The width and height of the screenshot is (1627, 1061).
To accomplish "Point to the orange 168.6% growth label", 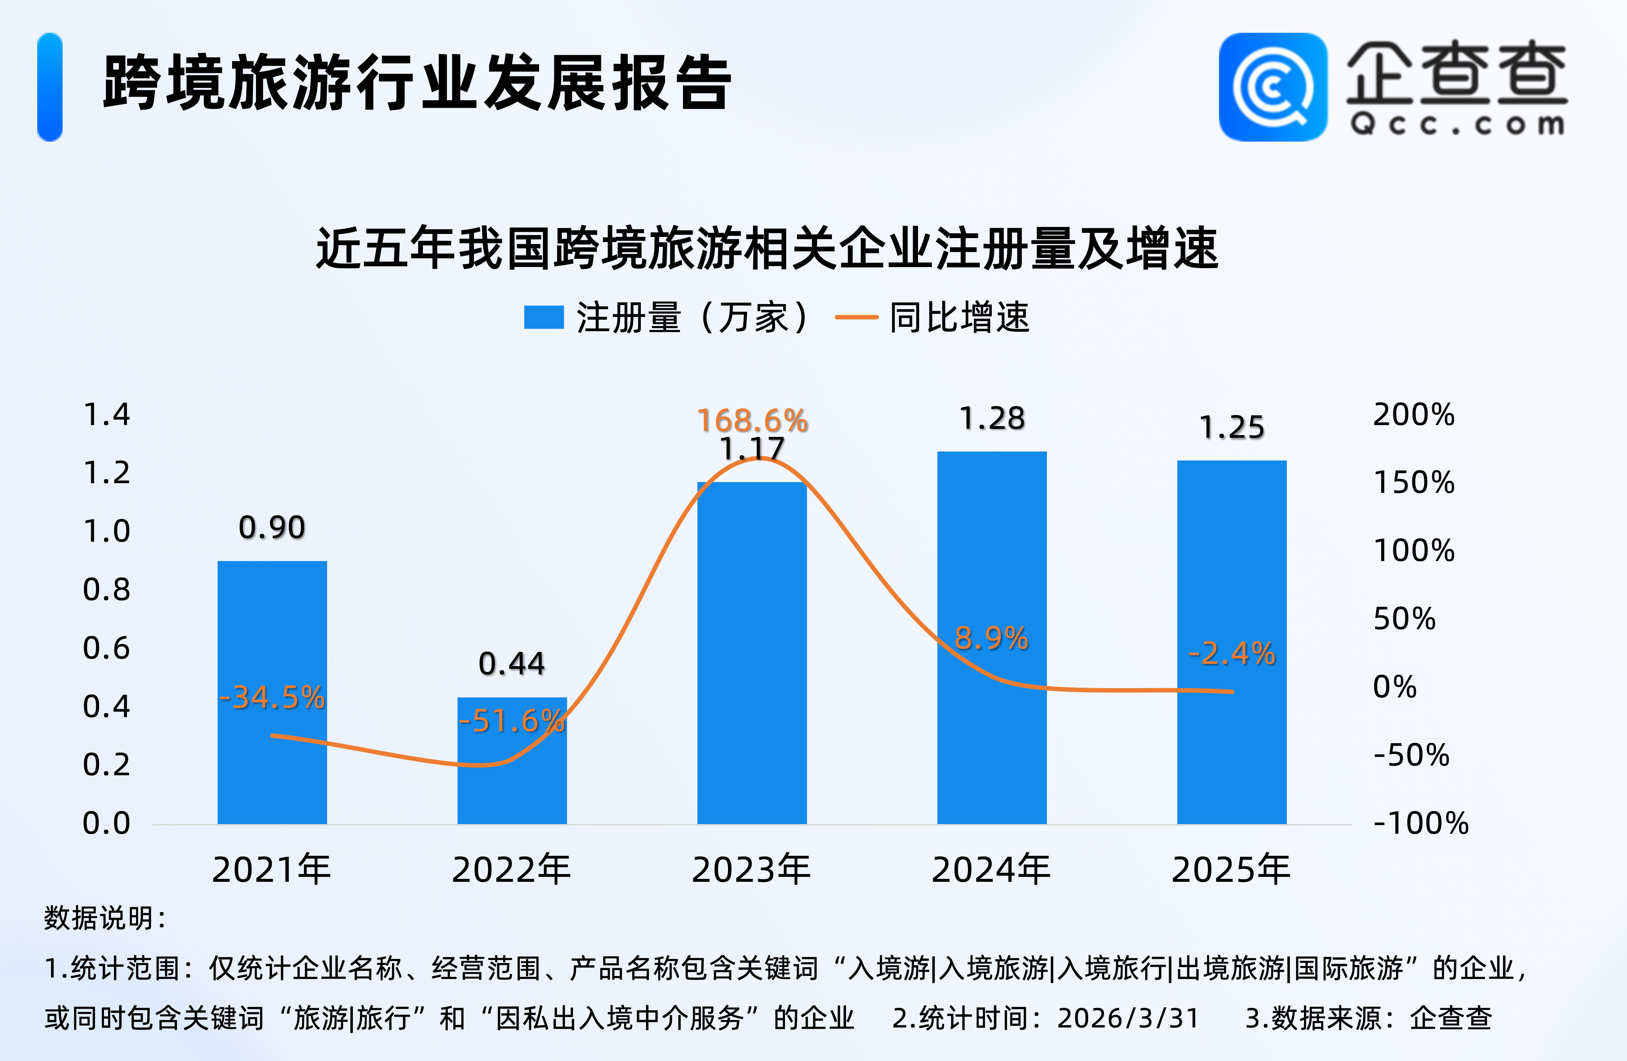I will click(753, 421).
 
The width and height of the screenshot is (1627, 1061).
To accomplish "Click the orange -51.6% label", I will click(512, 720).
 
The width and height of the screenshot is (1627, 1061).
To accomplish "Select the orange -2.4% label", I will click(1232, 653).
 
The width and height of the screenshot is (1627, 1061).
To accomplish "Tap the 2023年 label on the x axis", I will click(751, 870).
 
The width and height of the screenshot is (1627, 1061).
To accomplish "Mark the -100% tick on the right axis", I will click(1421, 823).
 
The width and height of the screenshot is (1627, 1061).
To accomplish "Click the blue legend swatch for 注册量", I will click(544, 317).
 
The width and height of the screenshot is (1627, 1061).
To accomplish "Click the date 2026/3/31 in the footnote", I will click(1128, 1018).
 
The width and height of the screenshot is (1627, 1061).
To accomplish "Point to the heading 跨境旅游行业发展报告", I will click(417, 83).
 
